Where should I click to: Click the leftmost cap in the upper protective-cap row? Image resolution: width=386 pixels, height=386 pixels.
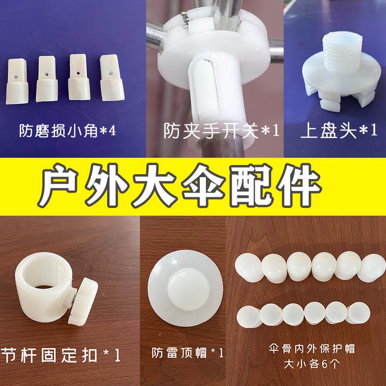(249, 265)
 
